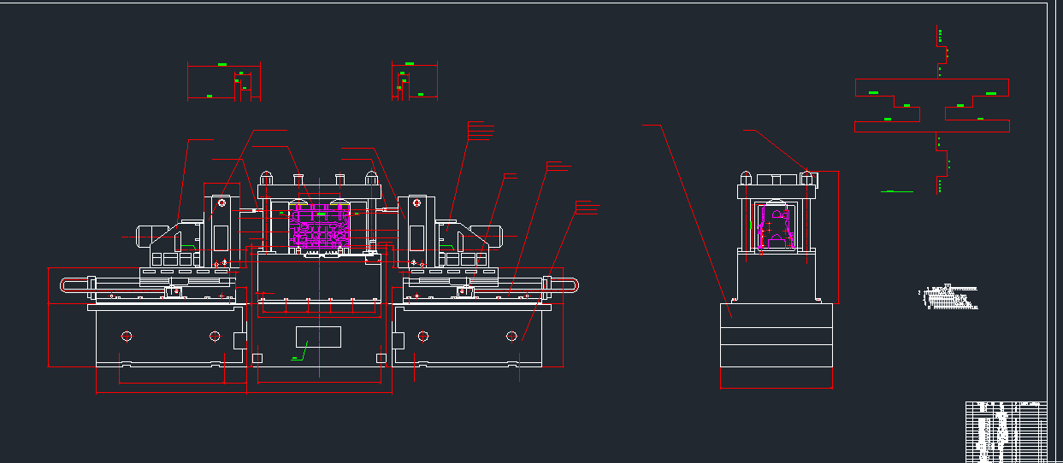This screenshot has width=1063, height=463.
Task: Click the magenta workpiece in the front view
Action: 319,227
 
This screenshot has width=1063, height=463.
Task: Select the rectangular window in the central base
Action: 318,337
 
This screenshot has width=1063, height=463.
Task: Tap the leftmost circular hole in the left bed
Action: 127,336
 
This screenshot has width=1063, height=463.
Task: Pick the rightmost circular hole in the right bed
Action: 511,336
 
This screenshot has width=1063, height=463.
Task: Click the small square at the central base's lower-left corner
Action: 257,357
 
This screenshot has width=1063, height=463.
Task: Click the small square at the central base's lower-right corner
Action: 381,357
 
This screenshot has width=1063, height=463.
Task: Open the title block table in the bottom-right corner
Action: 1006,431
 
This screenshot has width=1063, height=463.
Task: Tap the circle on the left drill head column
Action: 221,203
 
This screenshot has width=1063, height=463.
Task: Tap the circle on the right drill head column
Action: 416,203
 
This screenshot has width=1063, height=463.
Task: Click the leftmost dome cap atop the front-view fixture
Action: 266,177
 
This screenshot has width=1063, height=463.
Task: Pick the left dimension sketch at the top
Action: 224,81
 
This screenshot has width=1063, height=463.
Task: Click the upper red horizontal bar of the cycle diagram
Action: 932,87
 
